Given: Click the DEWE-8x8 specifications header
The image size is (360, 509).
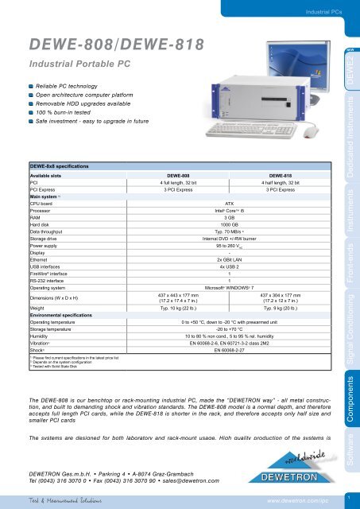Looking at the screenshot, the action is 62,165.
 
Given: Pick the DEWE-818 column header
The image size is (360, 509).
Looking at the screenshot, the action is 277,175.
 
